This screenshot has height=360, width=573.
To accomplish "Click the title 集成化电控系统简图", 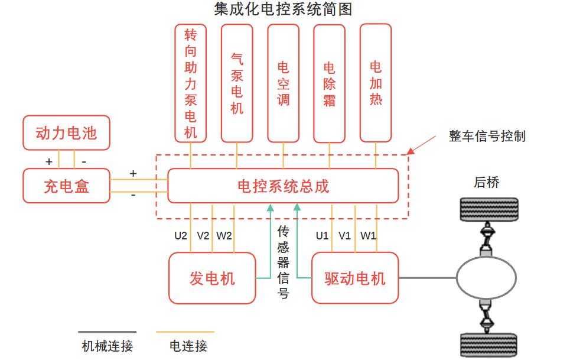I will [284, 9].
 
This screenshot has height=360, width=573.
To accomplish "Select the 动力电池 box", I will [66, 132].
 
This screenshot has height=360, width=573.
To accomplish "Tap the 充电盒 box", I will [66, 186].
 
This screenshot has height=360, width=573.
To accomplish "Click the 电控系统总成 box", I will [283, 186].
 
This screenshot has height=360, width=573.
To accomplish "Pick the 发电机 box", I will [212, 278].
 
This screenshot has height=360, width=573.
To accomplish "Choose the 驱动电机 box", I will [354, 278].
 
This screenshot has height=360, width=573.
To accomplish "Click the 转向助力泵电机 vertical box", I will [191, 83].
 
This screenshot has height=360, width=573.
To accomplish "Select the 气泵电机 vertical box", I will [237, 83].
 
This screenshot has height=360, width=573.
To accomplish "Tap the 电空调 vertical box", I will [283, 83].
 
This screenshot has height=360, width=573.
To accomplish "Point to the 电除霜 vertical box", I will [329, 83].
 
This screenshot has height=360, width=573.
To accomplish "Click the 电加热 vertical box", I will [375, 83].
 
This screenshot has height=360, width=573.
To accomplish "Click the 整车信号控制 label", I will [487, 137].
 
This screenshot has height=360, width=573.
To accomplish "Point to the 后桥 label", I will [487, 182].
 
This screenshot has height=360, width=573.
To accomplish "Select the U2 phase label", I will [181, 236].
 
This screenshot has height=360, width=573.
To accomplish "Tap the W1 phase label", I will [368, 236].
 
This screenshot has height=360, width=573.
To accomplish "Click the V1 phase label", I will [345, 236].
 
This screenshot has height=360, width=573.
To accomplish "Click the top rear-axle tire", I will [489, 210].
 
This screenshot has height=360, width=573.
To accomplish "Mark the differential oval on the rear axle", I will [486, 277].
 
